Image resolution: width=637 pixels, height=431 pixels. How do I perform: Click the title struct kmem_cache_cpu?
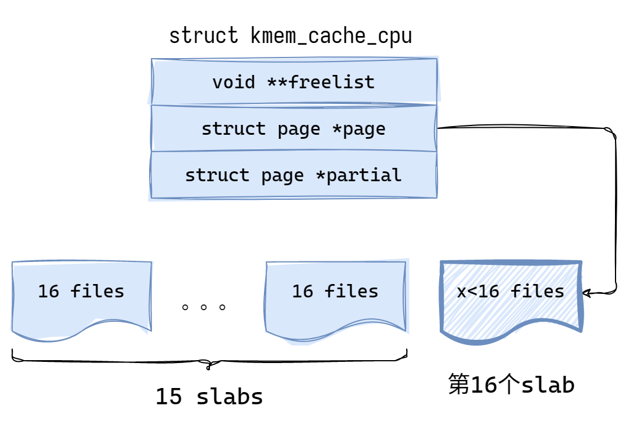pos(290,36)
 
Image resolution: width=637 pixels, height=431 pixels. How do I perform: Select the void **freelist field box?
pos(294,82)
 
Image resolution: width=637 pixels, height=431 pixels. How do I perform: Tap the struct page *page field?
pos(294,128)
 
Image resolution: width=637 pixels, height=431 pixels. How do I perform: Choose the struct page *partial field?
pos(294,175)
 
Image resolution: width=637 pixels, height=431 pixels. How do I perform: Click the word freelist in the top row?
pos(331,82)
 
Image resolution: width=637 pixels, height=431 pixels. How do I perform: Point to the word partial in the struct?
pos(363,175)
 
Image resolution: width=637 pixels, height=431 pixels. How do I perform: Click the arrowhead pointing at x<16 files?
pos(585,293)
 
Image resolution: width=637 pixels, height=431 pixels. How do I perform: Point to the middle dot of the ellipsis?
pos(204,307)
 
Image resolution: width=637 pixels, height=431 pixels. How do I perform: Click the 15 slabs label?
pos(209,397)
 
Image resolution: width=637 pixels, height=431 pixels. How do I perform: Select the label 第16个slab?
pos(511,385)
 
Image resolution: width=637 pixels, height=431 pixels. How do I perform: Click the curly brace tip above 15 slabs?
pos(209,367)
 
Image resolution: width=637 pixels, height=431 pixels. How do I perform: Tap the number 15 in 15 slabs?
pos(168,397)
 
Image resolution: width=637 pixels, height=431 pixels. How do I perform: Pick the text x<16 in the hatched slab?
pos(478,291)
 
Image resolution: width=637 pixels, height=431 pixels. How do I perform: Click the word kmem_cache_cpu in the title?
pos(331,36)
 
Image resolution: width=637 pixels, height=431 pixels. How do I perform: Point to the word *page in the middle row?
pos(359,128)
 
